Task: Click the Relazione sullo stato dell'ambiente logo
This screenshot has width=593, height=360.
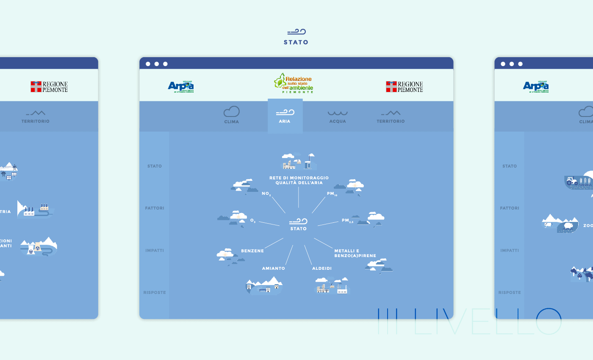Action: tap(294, 83)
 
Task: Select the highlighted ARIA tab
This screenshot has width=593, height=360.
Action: tap(285, 116)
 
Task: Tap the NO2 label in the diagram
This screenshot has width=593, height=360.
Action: tap(266, 194)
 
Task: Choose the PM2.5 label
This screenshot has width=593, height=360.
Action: tap(347, 221)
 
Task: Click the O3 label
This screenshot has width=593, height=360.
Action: tap(252, 221)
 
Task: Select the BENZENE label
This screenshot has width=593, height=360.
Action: tap(252, 251)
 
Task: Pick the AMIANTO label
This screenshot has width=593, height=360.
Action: tap(273, 269)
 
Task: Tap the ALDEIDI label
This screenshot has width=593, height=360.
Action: tap(322, 269)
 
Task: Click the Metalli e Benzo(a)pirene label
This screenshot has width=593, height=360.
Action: tap(349, 253)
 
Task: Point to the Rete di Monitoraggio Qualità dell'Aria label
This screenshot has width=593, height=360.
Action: tap(299, 180)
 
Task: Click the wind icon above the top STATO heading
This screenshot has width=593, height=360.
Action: tap(296, 32)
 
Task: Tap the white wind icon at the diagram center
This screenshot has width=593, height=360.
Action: tap(298, 221)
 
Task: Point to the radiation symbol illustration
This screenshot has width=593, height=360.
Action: tap(37, 249)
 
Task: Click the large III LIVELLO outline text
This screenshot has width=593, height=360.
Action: tap(469, 321)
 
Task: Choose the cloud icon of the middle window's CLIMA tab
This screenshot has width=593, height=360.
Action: tap(231, 112)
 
